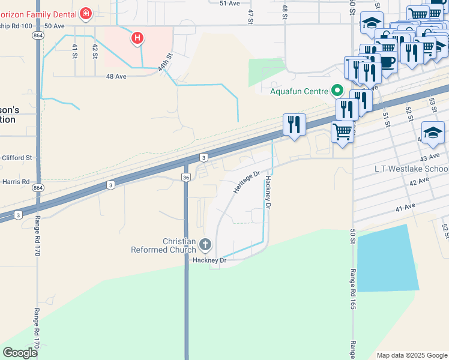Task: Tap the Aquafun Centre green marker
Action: [x=337, y=91]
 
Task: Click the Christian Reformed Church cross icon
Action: [x=205, y=244]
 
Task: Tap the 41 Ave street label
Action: [x=406, y=207]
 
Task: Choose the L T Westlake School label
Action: [x=411, y=169]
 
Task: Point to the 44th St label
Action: [x=165, y=62]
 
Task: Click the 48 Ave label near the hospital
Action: [x=116, y=76]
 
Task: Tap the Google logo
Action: [x=20, y=353]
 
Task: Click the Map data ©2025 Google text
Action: [x=411, y=355]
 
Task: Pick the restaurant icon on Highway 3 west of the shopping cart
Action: [x=294, y=125]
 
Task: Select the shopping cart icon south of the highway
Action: [x=342, y=131]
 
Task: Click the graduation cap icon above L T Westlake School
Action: [x=433, y=133]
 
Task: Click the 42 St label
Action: [x=95, y=51]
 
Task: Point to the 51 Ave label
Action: [x=230, y=4]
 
